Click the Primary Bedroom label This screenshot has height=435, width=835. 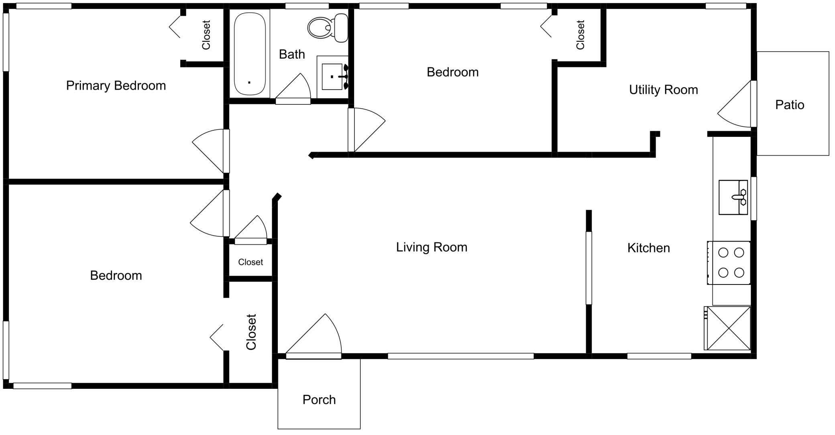point(116,85)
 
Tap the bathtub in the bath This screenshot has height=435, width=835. point(250,53)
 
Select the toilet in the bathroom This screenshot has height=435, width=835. point(328,28)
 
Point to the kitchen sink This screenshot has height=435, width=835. point(733,197)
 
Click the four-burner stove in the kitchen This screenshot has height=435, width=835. point(729,263)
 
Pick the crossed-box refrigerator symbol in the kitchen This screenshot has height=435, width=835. point(727,328)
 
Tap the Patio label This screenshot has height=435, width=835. point(790,105)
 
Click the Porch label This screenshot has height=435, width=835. point(319,400)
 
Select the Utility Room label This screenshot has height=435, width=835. point(663,89)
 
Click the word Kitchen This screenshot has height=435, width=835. point(648,248)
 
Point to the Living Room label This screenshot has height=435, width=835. point(432,247)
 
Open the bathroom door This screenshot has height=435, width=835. point(293,89)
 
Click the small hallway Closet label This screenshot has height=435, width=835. point(250,262)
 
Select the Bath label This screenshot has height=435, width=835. point(292,54)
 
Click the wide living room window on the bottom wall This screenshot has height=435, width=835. point(460,356)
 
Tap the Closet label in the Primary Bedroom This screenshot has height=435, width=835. point(206,35)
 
